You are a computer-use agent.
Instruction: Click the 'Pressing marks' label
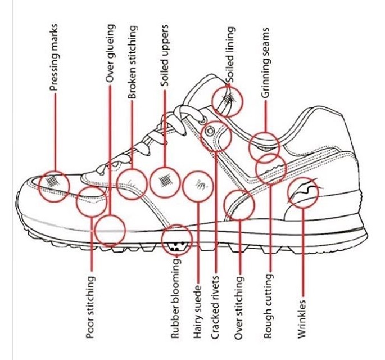[x=54, y=57]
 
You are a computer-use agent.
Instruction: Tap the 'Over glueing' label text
[x=110, y=53]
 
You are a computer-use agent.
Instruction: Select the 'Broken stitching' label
[x=132, y=62]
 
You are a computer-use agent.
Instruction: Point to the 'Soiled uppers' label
[x=164, y=56]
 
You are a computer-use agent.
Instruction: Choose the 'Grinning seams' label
[x=265, y=63]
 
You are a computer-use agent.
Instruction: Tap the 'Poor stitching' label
[x=90, y=307]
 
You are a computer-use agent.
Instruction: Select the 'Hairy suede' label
[x=198, y=312]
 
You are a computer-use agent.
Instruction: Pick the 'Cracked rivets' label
[x=215, y=308]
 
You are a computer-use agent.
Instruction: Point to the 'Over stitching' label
[x=239, y=308]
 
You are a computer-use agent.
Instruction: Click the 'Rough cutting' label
[x=268, y=306]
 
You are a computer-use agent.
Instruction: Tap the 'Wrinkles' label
[x=302, y=319]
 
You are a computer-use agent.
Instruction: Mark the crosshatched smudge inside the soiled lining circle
[x=229, y=98]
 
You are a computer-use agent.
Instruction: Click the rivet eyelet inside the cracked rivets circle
[x=210, y=131]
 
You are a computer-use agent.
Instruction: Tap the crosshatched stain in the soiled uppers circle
[x=165, y=181]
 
